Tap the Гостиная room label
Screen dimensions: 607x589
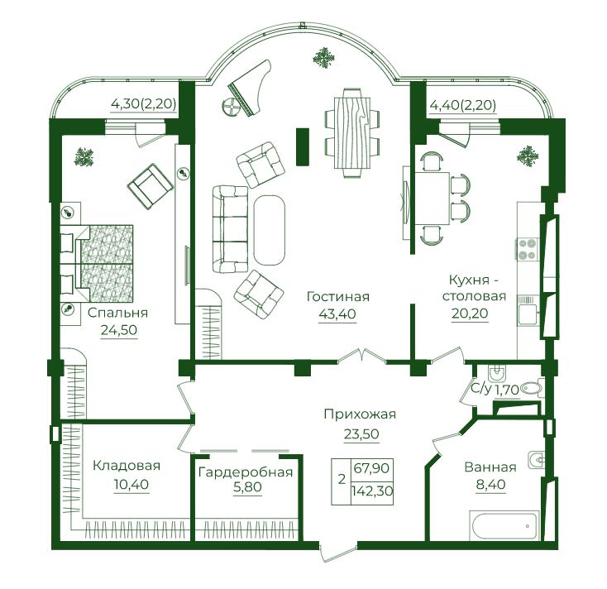point(338,297)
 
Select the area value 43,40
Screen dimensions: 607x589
point(337,314)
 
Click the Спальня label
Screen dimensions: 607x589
point(117,313)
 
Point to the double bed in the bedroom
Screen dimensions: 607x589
point(97,263)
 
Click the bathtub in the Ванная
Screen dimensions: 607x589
point(504,524)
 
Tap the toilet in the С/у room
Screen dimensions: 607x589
point(532,388)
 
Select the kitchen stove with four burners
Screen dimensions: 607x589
point(527,249)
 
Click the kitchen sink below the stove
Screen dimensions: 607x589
point(528,310)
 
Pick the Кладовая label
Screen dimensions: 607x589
point(127,465)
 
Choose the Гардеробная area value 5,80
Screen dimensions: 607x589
point(247,486)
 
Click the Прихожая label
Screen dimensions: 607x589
point(360,414)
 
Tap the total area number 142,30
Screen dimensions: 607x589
point(372,491)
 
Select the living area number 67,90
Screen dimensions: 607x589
point(371,467)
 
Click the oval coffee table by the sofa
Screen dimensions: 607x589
point(269,230)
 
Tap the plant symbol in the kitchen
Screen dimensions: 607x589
point(528,156)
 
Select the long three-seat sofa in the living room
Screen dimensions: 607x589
point(230,229)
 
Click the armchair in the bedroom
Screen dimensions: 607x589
point(151,186)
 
